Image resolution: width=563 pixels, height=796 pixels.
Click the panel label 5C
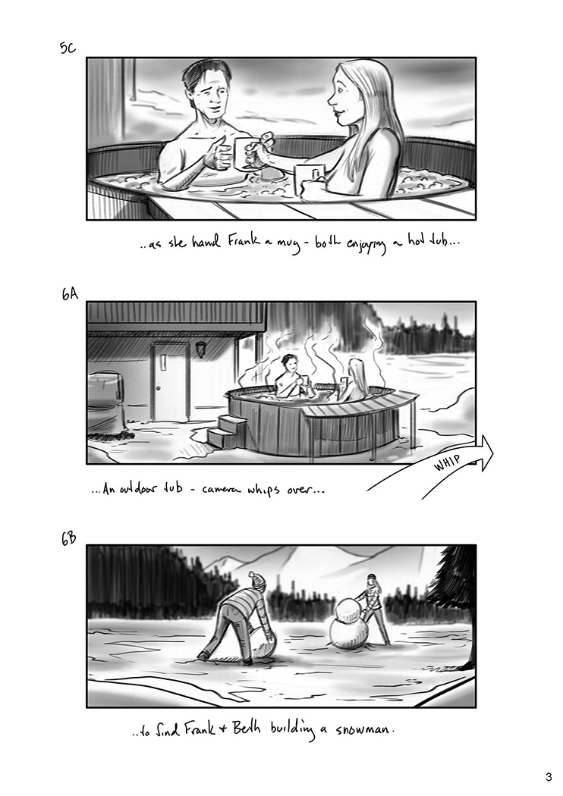coord(67,49)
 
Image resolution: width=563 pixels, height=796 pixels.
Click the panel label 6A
coord(70,294)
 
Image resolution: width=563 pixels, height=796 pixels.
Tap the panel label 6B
coord(68,538)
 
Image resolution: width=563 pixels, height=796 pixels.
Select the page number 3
coord(549,777)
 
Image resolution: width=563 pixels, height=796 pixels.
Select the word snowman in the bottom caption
coord(364,730)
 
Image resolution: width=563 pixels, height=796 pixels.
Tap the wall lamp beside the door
coord(201,349)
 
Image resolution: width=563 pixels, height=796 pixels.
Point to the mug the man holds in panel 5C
coord(242,153)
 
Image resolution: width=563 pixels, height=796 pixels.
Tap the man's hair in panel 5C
coord(203,76)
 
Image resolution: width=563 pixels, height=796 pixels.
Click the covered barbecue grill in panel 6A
coord(107,401)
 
